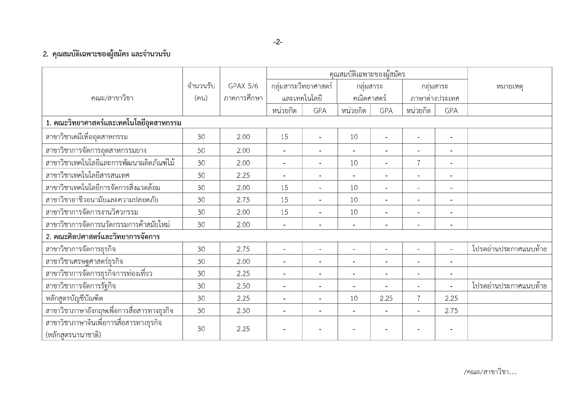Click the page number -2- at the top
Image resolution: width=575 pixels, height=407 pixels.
pyautogui.click(x=278, y=42)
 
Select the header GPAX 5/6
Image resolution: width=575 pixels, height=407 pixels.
pyautogui.click(x=243, y=86)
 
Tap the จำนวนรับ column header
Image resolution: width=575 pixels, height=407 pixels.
pyautogui.click(x=201, y=86)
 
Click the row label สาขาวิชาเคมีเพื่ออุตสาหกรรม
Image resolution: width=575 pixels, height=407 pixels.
pyautogui.click(x=87, y=137)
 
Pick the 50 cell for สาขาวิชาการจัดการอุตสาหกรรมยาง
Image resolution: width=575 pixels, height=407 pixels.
pyautogui.click(x=201, y=151)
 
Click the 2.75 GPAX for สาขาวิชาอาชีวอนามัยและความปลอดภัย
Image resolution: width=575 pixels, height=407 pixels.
pyautogui.click(x=243, y=200)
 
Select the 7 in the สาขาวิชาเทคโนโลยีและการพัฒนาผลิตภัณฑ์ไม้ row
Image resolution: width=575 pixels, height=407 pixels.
pyautogui.click(x=418, y=163)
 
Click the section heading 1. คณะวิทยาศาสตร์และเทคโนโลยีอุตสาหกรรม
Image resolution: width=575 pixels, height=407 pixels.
pyautogui.click(x=113, y=123)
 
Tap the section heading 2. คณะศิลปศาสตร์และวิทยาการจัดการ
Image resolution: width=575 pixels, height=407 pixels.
pyautogui.click(x=103, y=237)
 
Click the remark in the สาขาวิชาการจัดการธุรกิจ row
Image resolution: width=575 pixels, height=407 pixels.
pyautogui.click(x=509, y=249)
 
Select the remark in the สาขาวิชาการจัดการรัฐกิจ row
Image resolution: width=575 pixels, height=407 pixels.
pyautogui.click(x=509, y=286)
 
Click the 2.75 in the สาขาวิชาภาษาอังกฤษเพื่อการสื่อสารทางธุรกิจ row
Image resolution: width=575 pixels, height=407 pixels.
pyautogui.click(x=451, y=311)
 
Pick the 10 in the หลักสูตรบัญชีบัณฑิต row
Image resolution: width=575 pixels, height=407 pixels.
pyautogui.click(x=354, y=298)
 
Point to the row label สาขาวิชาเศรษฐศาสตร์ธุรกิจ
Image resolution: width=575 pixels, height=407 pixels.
pyautogui.click(x=84, y=262)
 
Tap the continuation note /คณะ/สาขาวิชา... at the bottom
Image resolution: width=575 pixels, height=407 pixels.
pyautogui.click(x=490, y=372)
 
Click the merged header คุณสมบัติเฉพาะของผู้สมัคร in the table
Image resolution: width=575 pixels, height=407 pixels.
pyautogui.click(x=367, y=74)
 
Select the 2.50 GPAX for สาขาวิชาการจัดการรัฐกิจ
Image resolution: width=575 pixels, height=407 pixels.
pyautogui.click(x=243, y=286)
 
